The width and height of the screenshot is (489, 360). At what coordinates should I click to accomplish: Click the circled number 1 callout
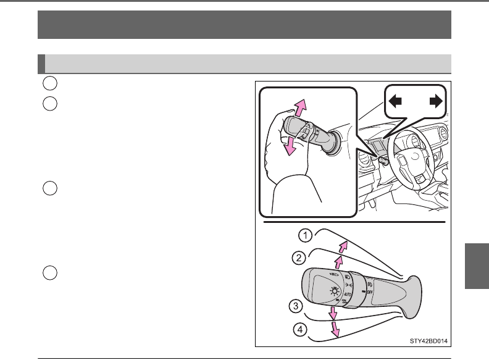pyautogui.click(x=305, y=235)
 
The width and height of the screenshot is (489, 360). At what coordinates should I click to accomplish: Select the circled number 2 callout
pyautogui.click(x=299, y=258)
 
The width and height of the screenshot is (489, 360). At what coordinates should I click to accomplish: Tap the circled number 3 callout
pyautogui.click(x=296, y=306)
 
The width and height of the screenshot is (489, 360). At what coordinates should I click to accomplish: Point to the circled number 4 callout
pyautogui.click(x=300, y=329)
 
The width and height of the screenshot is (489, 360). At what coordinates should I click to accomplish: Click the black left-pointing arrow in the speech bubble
pyautogui.click(x=395, y=101)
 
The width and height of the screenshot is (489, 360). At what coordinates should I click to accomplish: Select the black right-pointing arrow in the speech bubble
pyautogui.click(x=436, y=101)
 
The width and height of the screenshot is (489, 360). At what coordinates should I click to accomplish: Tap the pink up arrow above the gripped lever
pyautogui.click(x=301, y=108)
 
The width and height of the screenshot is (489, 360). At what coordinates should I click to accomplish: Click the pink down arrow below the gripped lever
pyautogui.click(x=290, y=146)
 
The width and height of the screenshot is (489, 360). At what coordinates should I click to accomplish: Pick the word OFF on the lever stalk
pyautogui.click(x=370, y=292)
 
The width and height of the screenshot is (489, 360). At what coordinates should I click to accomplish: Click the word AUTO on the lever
pyautogui.click(x=348, y=294)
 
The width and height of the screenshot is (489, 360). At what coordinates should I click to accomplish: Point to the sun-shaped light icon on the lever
pyautogui.click(x=335, y=291)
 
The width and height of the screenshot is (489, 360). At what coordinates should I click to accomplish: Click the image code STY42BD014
pyautogui.click(x=428, y=341)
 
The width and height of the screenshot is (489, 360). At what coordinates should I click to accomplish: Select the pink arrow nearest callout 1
pyautogui.click(x=343, y=247)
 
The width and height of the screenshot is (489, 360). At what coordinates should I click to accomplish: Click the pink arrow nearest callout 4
pyautogui.click(x=335, y=329)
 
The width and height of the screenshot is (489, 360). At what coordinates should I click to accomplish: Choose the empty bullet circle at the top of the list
pyautogui.click(x=50, y=83)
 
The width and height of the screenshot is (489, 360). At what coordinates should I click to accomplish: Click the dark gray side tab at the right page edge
pyautogui.click(x=477, y=266)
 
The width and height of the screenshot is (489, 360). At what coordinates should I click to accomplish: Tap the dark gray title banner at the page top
pyautogui.click(x=244, y=25)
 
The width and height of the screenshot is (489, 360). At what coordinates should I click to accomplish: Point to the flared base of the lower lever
pyautogui.click(x=412, y=297)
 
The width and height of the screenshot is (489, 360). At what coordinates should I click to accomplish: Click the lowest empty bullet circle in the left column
pyautogui.click(x=50, y=273)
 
